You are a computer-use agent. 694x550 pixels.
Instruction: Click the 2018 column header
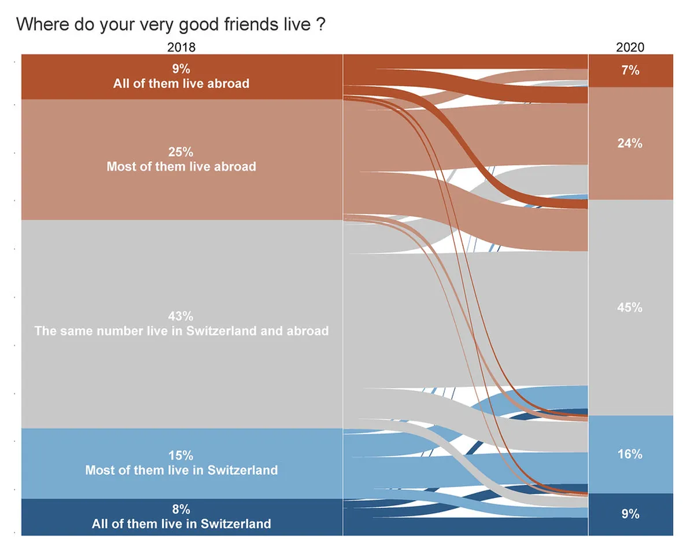pos(182,47)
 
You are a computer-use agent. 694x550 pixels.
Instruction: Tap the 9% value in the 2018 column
pos(182,69)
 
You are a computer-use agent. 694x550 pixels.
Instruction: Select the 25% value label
pos(182,152)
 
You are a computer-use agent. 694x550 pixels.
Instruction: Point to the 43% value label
pos(182,316)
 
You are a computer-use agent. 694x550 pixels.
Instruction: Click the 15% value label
pos(182,455)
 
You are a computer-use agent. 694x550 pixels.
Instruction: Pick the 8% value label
pos(182,510)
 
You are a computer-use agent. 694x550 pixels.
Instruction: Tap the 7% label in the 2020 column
pos(630,71)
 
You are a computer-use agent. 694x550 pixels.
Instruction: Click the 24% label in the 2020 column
pos(630,143)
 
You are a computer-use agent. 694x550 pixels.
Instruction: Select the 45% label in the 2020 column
pos(630,308)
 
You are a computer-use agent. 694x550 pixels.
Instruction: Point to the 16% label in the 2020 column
pos(630,454)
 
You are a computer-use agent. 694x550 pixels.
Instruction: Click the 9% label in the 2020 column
pos(630,514)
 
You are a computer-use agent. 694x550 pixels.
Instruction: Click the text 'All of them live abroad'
pos(182,83)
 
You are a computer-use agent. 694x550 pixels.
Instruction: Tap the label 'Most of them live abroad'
pos(182,167)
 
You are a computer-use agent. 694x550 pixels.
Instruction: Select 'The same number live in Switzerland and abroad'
pos(182,331)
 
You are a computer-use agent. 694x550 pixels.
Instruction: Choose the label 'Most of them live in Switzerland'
pos(182,470)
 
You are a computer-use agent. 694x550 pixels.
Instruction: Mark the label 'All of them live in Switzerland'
pos(182,524)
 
